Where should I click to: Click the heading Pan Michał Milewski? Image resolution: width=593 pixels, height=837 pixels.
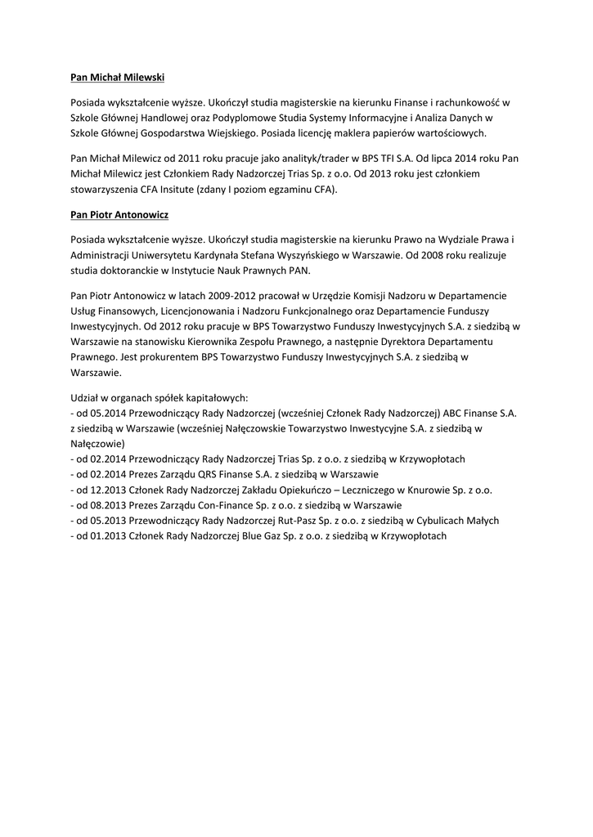pos(117,77)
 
